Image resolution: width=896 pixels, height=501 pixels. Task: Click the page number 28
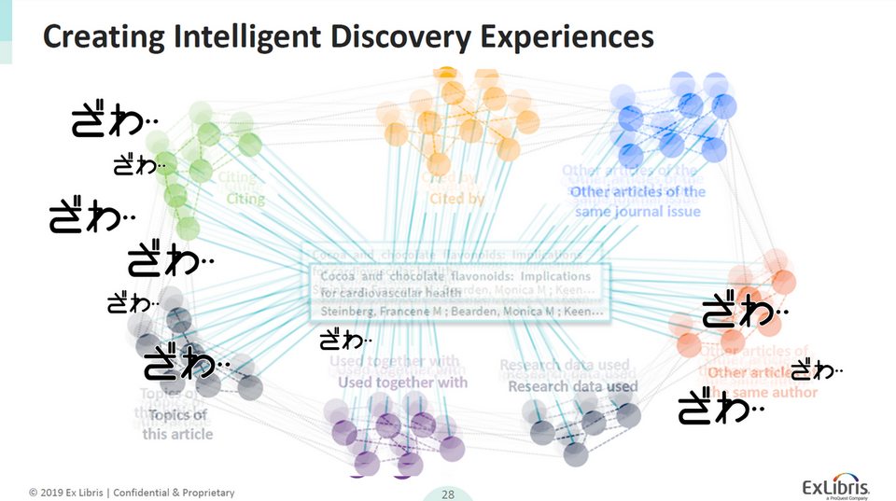click(x=448, y=494)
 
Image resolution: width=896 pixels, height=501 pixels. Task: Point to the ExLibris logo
click(x=837, y=487)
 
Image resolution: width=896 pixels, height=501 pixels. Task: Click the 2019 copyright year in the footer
click(x=56, y=493)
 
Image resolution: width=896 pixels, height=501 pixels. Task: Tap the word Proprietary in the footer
click(x=203, y=493)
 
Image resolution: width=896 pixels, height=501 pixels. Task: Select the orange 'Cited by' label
click(x=456, y=198)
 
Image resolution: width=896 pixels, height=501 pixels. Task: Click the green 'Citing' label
click(x=245, y=198)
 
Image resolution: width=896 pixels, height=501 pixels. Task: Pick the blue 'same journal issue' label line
click(x=637, y=212)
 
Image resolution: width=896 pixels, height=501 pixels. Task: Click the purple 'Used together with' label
click(x=402, y=382)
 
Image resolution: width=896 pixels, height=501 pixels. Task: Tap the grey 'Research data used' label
click(x=573, y=386)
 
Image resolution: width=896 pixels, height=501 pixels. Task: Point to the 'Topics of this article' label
click(x=177, y=424)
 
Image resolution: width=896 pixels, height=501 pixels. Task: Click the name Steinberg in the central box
click(x=348, y=311)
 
